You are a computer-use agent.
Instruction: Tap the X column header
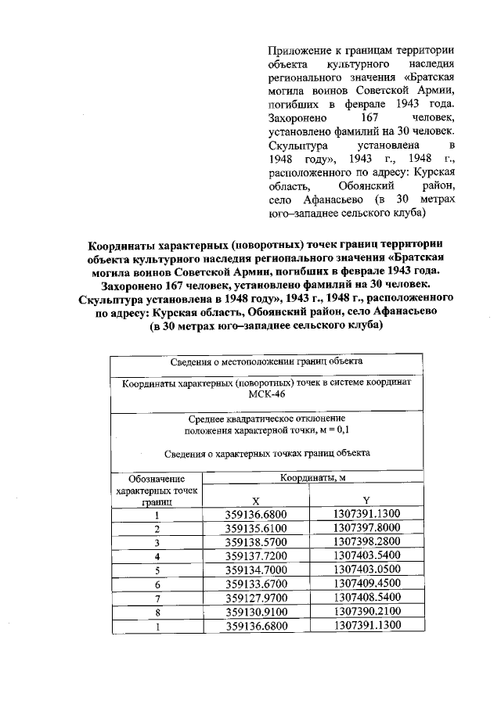pos(255,501)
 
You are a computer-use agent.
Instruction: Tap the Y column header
pos(366,501)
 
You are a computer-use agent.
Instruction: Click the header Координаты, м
pos(312,476)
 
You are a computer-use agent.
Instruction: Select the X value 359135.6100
pos(256,528)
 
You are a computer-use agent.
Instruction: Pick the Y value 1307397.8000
pos(366,528)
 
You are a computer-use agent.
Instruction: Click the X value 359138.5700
pos(256,542)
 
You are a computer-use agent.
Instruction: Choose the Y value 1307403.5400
pos(366,556)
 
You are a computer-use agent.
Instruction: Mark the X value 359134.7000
pos(256,570)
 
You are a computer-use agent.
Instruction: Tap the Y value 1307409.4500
pos(366,584)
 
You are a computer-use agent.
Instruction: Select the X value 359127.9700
pos(256,598)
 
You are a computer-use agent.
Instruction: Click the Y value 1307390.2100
pos(366,612)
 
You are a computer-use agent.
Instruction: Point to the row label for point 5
pos(157,570)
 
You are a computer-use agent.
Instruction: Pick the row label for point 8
pos(157,612)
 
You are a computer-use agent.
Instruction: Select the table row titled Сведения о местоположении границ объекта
pos(265,362)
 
